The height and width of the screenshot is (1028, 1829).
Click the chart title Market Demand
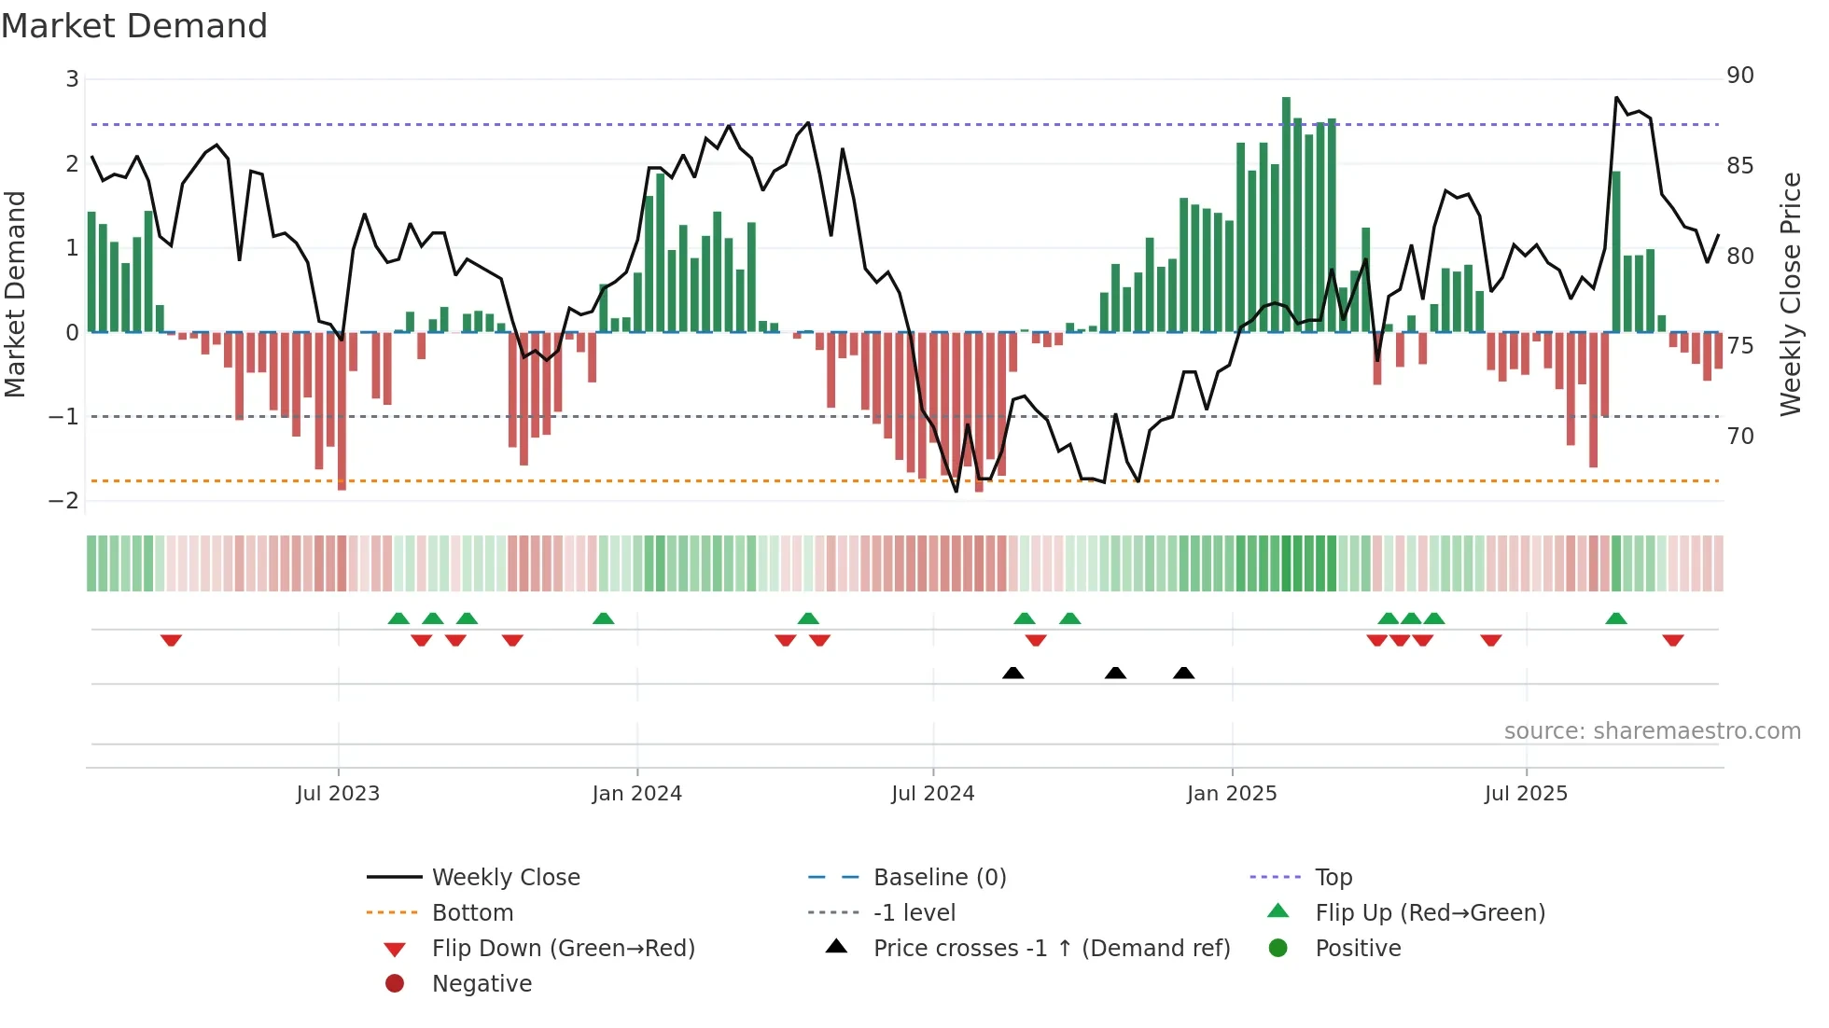pos(134,26)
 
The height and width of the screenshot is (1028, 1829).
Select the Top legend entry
pos(1333,878)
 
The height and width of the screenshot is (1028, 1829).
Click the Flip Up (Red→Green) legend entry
pos(1430,913)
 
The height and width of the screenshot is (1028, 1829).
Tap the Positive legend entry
pos(1358,949)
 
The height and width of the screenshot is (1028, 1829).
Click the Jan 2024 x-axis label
pos(636,794)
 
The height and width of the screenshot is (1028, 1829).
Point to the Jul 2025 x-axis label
pos(1526,794)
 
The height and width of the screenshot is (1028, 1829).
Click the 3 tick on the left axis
pos(72,79)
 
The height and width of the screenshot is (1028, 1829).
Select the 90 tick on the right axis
pos(1739,76)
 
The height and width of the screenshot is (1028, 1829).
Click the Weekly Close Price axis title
pos(1790,294)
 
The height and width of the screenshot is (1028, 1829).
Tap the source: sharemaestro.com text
pos(1652,731)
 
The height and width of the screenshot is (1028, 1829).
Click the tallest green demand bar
pos(1286,215)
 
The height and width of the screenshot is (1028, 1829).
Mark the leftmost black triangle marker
pos(1012,673)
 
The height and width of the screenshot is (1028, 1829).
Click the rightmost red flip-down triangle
pos(1672,640)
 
